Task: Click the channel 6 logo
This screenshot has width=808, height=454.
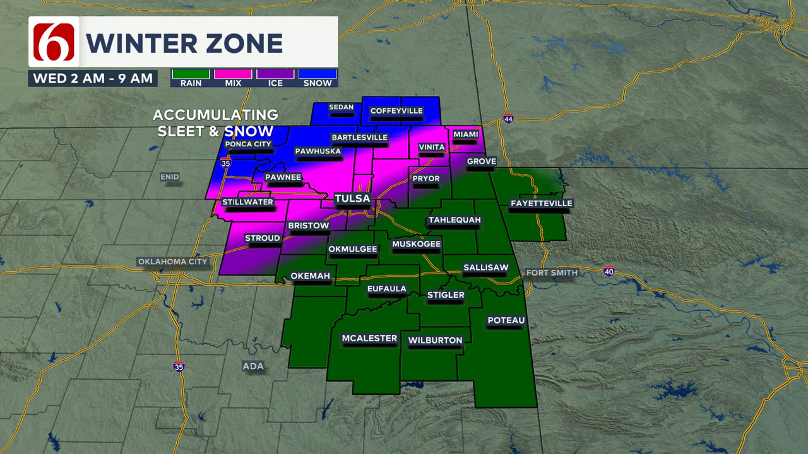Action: tap(54, 42)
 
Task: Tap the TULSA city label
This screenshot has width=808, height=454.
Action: tap(352, 199)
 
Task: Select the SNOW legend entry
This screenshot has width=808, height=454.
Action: tap(318, 78)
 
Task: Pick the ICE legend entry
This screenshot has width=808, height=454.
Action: tap(275, 78)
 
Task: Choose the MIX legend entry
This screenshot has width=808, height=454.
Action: tap(233, 78)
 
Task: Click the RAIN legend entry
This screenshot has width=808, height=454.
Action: tap(191, 78)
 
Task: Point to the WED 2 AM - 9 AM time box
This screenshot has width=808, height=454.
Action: tap(93, 78)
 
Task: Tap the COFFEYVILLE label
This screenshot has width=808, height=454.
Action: tap(396, 111)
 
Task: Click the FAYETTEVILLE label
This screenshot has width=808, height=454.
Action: tap(541, 203)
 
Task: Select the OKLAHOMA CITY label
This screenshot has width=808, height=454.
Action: tap(173, 262)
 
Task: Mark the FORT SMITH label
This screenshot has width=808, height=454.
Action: tap(552, 272)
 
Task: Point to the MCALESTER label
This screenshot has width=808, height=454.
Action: tap(369, 339)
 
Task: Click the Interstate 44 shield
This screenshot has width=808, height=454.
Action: tap(508, 119)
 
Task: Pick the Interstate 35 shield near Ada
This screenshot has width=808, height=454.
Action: tap(179, 366)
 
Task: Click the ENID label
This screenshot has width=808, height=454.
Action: tap(170, 177)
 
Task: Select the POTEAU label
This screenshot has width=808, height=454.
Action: tap(506, 320)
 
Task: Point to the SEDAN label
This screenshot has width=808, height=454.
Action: tap(342, 107)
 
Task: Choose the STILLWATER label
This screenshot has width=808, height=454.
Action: tap(247, 202)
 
